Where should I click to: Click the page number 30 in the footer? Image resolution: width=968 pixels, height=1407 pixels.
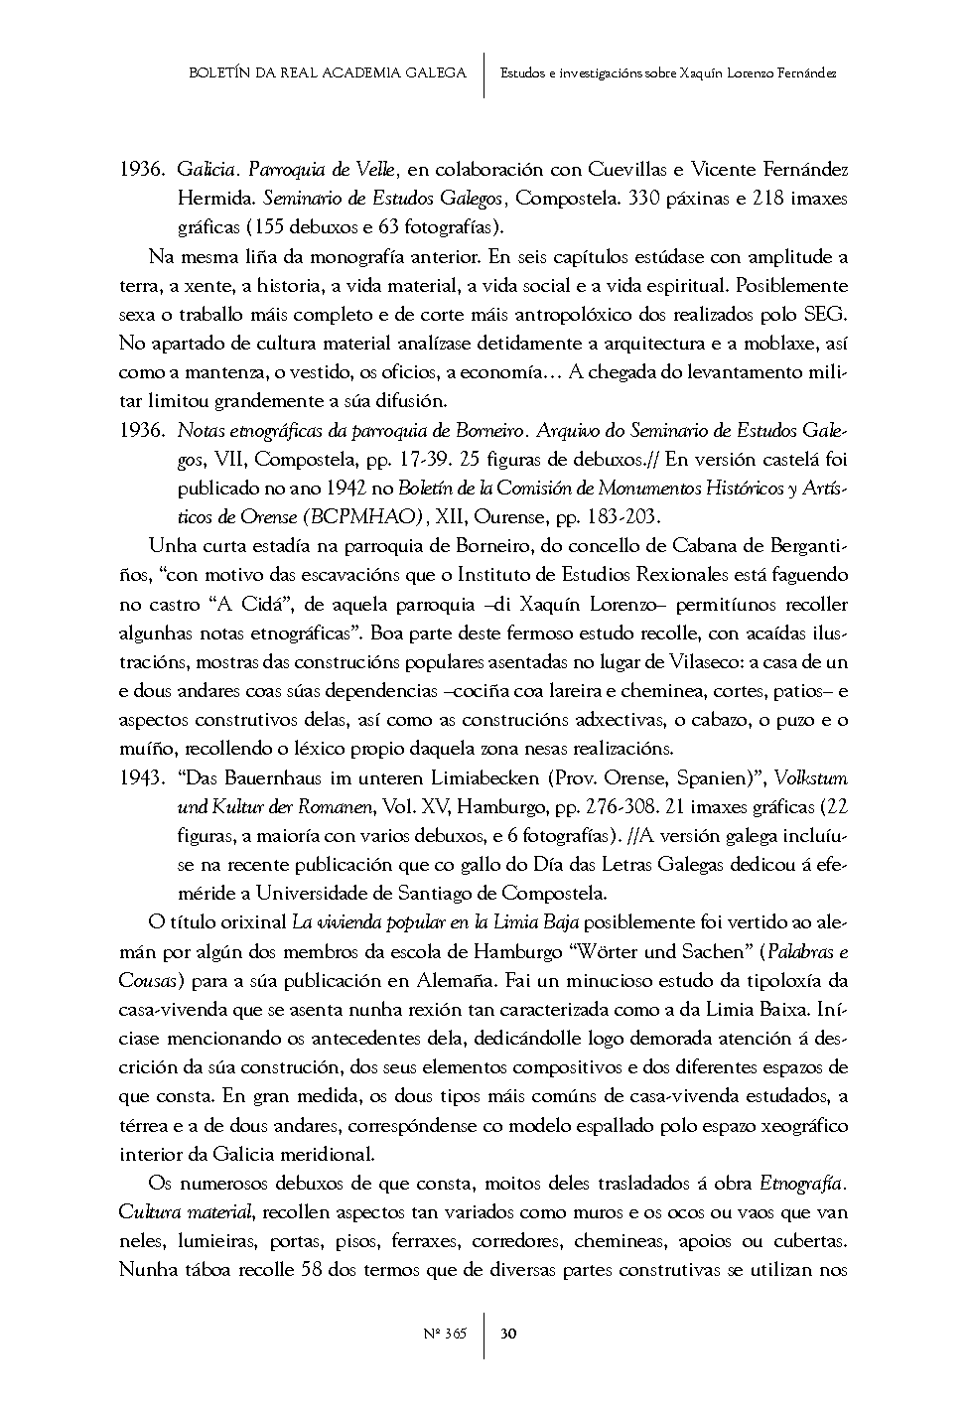point(507,1333)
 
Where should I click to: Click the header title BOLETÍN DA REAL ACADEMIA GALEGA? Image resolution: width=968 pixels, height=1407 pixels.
point(327,73)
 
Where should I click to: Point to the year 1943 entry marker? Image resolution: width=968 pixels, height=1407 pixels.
point(140,777)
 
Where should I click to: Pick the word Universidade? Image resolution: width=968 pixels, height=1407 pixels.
point(309,893)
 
